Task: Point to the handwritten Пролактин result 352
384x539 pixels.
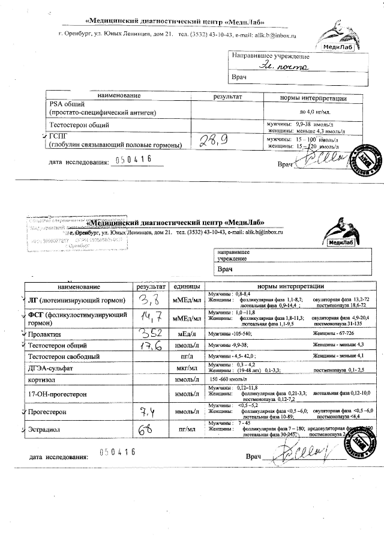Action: tap(149, 333)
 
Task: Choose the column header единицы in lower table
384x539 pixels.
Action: tap(186, 286)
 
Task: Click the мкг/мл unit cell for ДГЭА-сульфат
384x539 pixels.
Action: tap(186, 367)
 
